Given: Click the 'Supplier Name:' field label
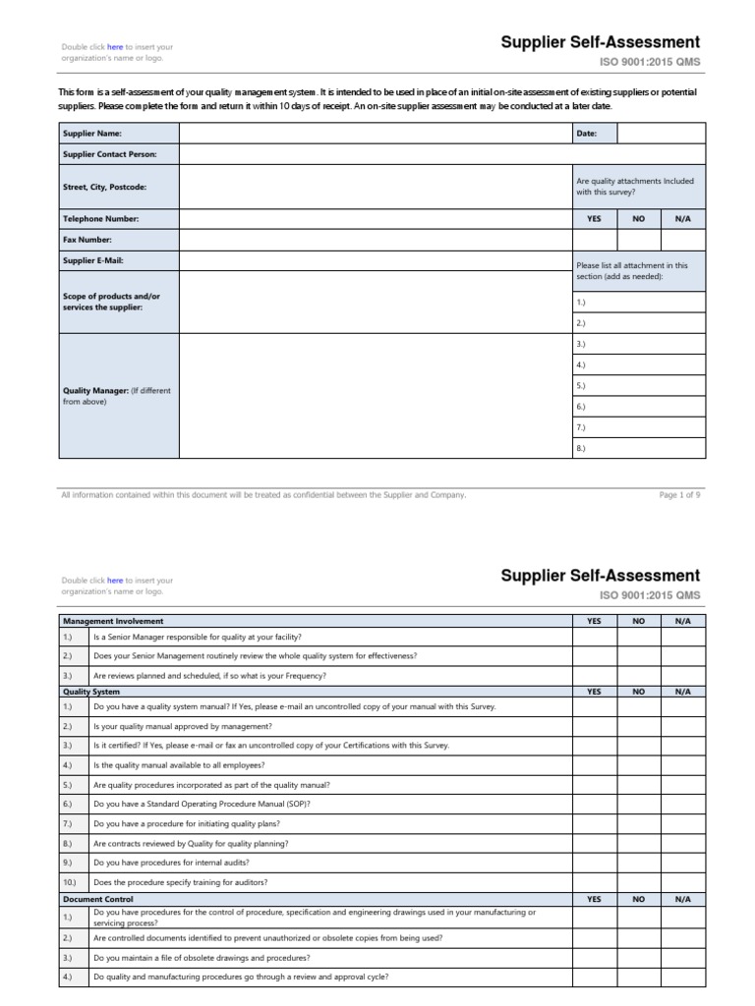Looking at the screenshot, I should (91, 133).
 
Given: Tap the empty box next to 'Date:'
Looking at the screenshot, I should (661, 133).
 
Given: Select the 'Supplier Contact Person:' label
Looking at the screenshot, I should (109, 154).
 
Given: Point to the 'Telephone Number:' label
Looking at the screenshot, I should (101, 219).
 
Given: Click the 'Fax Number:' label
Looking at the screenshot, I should (87, 240).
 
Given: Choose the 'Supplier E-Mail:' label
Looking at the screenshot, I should (93, 260).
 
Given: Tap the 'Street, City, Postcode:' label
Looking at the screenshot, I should (106, 187).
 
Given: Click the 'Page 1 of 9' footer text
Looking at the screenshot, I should (679, 495).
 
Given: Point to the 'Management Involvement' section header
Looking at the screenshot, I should (113, 621).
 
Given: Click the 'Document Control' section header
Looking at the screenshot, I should (97, 899).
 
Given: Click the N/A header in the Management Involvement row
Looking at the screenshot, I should (682, 621).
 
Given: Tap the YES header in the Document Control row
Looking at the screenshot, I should (594, 899).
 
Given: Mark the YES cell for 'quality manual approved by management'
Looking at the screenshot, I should (594, 726).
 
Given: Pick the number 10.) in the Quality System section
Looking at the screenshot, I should (68, 882).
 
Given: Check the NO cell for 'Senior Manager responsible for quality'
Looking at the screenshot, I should (638, 637).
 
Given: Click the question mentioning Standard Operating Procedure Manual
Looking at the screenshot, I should (202, 804).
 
